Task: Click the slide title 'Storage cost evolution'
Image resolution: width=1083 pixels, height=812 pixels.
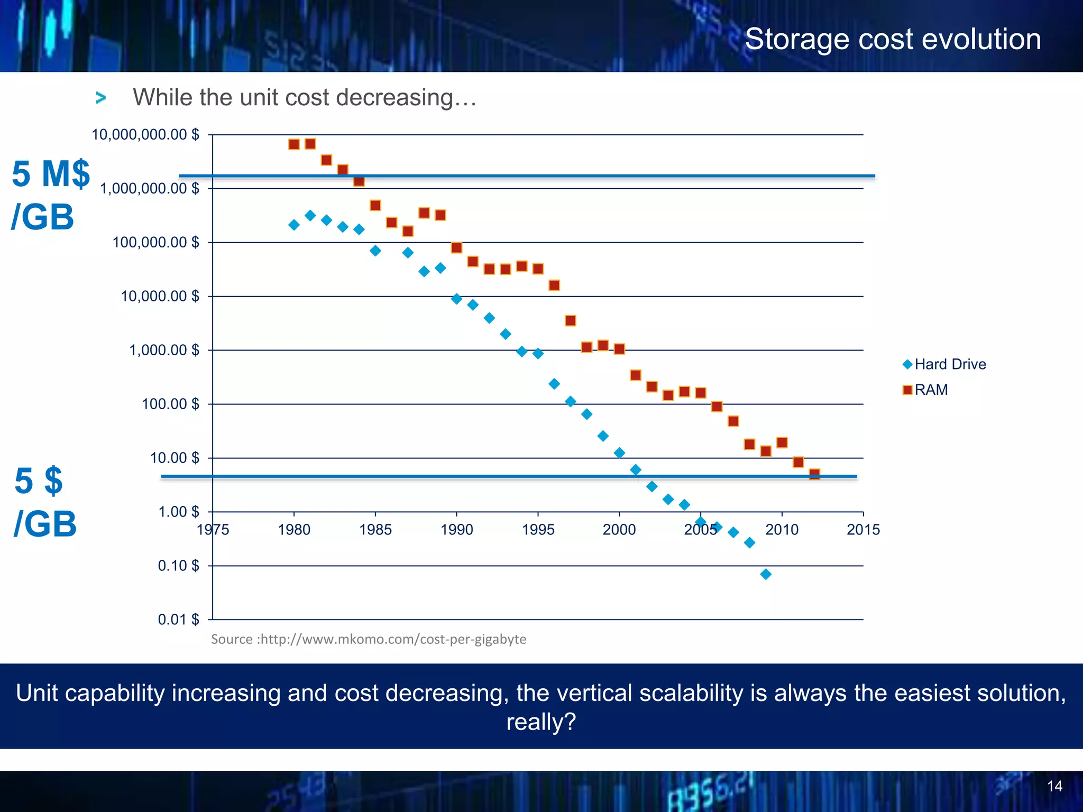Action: pyautogui.click(x=893, y=40)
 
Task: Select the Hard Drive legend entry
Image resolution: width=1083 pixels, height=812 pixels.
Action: pyautogui.click(x=944, y=364)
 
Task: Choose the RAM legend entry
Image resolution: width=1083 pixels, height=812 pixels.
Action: pyautogui.click(x=926, y=390)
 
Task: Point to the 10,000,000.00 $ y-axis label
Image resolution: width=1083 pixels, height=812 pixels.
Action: pyautogui.click(x=145, y=135)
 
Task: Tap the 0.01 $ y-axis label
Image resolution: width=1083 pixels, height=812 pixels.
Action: pyautogui.click(x=178, y=620)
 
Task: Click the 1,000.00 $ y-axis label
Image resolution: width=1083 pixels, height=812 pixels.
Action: pyautogui.click(x=164, y=350)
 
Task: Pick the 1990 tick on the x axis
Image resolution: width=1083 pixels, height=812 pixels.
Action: pyautogui.click(x=456, y=529)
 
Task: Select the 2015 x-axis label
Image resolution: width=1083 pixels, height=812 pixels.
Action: pyautogui.click(x=863, y=529)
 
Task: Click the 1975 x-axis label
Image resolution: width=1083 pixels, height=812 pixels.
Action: pyautogui.click(x=213, y=529)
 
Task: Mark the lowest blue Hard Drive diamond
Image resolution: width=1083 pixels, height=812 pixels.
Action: pyautogui.click(x=766, y=574)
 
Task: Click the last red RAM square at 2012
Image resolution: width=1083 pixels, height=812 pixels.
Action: pyautogui.click(x=814, y=474)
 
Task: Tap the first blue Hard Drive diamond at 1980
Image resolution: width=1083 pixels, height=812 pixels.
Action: pyautogui.click(x=294, y=225)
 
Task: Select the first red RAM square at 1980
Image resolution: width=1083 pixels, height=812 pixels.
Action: pyautogui.click(x=294, y=144)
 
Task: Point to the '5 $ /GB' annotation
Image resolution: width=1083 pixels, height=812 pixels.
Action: pyautogui.click(x=45, y=502)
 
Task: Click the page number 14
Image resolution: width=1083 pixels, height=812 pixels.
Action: pyautogui.click(x=1054, y=786)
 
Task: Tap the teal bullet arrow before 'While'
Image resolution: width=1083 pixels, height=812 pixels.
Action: pyautogui.click(x=101, y=98)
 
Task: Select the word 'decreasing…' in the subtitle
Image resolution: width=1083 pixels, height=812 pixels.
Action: pyautogui.click(x=406, y=98)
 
